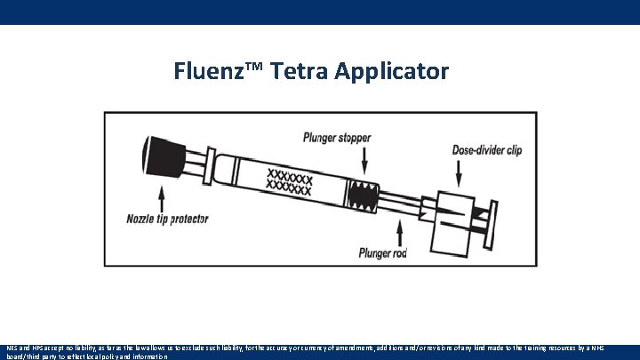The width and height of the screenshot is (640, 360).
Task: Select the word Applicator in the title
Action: [392, 71]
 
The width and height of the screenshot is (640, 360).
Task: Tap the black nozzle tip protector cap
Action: [161, 160]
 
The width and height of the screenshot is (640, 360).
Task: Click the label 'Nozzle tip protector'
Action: [166, 219]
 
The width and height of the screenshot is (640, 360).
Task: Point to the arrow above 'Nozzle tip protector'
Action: [164, 196]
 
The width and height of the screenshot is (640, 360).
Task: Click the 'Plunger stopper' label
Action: [337, 138]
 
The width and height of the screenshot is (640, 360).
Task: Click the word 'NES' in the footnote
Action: [12, 348]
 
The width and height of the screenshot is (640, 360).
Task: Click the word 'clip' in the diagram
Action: [513, 150]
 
